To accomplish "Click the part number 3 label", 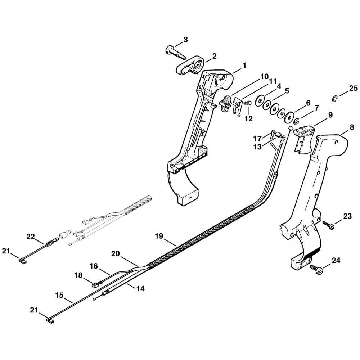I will [185, 40].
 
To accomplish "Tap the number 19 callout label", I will [159, 236].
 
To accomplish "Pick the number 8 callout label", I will [352, 127].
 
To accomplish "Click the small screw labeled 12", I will [247, 104].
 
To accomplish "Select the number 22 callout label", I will [31, 236].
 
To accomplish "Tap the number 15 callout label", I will [59, 295].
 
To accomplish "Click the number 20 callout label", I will [115, 254].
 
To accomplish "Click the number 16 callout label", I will [94, 266].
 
